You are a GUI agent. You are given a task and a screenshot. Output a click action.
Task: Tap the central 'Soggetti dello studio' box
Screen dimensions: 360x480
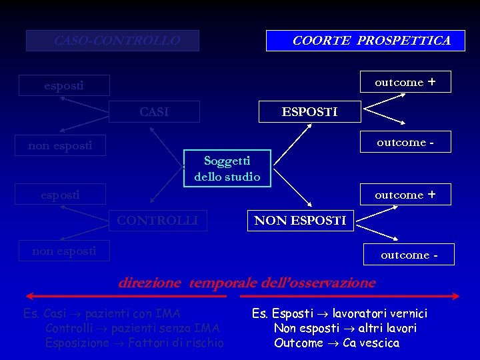227,169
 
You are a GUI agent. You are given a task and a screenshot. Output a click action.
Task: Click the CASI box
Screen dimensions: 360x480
154,112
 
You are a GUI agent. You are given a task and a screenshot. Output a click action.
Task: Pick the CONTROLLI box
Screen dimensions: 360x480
158,220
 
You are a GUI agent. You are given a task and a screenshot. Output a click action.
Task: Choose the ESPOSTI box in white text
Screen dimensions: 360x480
309,111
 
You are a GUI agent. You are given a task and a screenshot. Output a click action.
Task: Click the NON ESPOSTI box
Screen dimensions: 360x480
301,221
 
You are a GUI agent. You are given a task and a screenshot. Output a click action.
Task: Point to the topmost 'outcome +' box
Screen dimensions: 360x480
405,82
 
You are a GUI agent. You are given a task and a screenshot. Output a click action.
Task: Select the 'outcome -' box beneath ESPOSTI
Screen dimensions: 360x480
405,142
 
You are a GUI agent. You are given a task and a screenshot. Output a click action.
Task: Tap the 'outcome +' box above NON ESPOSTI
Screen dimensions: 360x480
405,195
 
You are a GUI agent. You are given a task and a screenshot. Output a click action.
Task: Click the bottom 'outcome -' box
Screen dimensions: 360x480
409,255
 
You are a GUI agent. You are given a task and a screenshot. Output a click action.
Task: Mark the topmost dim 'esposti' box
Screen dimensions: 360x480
64,85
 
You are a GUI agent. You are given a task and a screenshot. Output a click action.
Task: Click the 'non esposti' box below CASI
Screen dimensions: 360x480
60,145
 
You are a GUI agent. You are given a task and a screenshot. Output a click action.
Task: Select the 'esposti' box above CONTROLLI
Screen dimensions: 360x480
61,195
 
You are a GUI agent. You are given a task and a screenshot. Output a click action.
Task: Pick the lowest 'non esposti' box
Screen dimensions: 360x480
64,251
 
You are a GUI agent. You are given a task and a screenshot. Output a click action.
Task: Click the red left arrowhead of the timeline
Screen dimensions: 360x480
29,296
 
